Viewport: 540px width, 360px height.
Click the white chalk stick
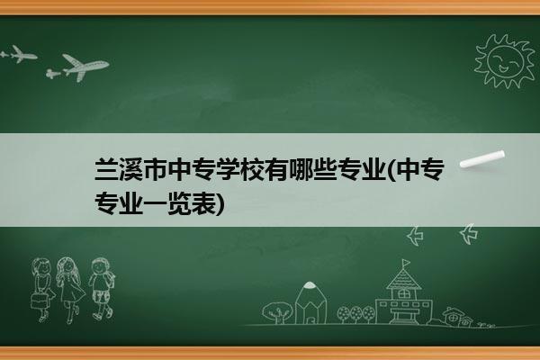482,159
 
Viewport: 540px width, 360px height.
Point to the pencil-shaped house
310,303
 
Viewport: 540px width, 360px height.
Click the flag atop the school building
406,263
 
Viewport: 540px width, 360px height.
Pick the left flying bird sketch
415,236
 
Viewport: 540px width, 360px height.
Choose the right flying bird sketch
469,234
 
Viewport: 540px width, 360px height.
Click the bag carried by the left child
39,301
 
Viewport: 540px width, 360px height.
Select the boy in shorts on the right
102,289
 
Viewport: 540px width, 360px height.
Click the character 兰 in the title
106,169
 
